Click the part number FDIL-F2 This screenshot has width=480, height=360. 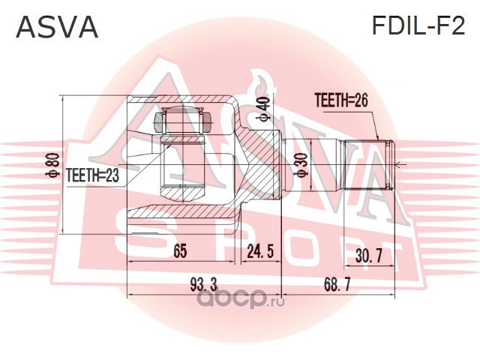(418, 27)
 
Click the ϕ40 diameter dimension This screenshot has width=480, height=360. (262, 106)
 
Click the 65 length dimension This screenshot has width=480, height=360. (179, 252)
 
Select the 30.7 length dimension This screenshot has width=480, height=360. (369, 256)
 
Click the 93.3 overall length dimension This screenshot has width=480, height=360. (203, 284)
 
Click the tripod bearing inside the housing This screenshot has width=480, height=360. (184, 120)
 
